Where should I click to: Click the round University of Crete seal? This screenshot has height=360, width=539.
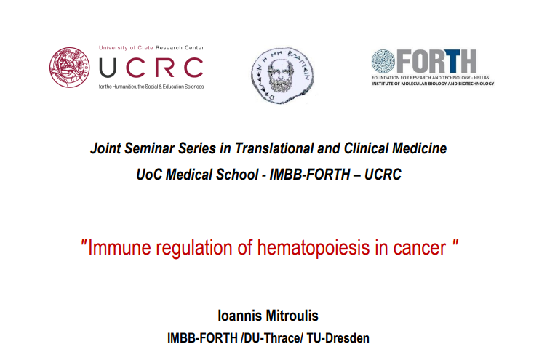(69, 68)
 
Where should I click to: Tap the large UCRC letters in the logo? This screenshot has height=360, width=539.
(151, 68)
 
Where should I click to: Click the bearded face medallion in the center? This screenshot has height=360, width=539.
(282, 75)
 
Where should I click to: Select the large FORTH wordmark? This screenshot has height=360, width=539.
(436, 61)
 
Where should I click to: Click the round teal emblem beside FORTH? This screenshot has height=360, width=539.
(383, 61)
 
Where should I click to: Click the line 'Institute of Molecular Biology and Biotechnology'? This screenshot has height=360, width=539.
(433, 84)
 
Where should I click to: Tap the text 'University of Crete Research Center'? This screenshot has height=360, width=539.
(151, 48)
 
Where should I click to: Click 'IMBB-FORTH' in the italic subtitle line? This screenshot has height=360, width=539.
(310, 175)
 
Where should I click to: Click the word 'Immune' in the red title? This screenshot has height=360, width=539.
(119, 247)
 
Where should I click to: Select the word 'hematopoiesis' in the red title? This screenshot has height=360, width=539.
(314, 248)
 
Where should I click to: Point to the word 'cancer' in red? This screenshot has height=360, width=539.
(420, 248)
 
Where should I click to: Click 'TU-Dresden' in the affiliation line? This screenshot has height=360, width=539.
(338, 338)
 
